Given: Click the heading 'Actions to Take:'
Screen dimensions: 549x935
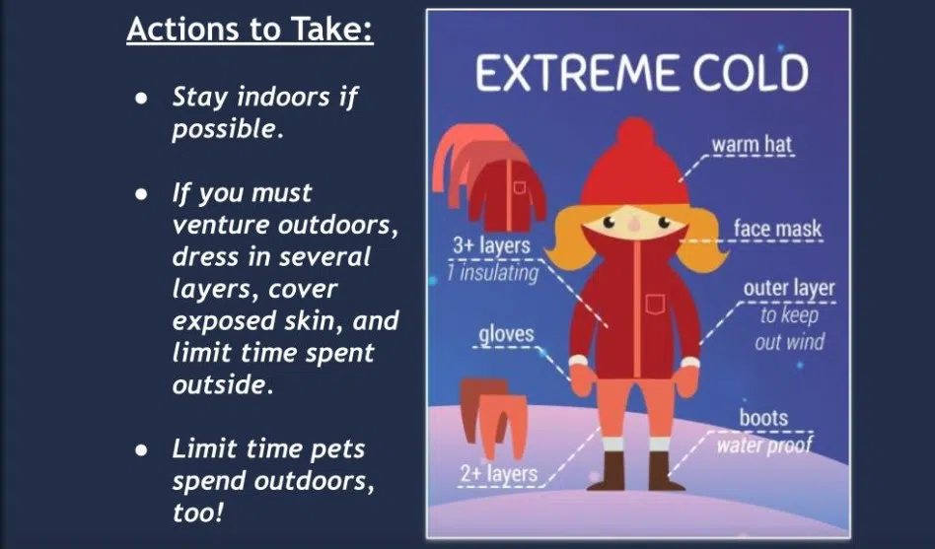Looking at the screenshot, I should [250, 30].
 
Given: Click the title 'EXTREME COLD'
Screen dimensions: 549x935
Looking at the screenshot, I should [641, 73].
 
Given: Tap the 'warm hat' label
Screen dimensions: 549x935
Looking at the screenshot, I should [752, 146].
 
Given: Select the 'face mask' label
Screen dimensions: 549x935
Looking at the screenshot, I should [777, 230].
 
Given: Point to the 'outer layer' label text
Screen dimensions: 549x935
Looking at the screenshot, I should [789, 289].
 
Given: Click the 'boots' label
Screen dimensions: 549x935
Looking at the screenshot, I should [763, 417].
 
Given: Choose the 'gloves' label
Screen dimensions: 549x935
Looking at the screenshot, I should [506, 334].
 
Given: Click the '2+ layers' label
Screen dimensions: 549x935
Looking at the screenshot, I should [498, 474].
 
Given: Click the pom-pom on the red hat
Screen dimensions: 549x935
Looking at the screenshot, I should [636, 132].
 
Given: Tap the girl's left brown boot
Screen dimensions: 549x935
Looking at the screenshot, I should [612, 469].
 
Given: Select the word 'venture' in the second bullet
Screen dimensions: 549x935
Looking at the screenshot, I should [217, 225].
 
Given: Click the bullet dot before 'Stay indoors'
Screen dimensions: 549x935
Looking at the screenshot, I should [142, 98].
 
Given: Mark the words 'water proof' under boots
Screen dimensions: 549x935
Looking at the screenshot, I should [764, 446].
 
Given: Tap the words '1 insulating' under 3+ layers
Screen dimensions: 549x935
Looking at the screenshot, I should [492, 272].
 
